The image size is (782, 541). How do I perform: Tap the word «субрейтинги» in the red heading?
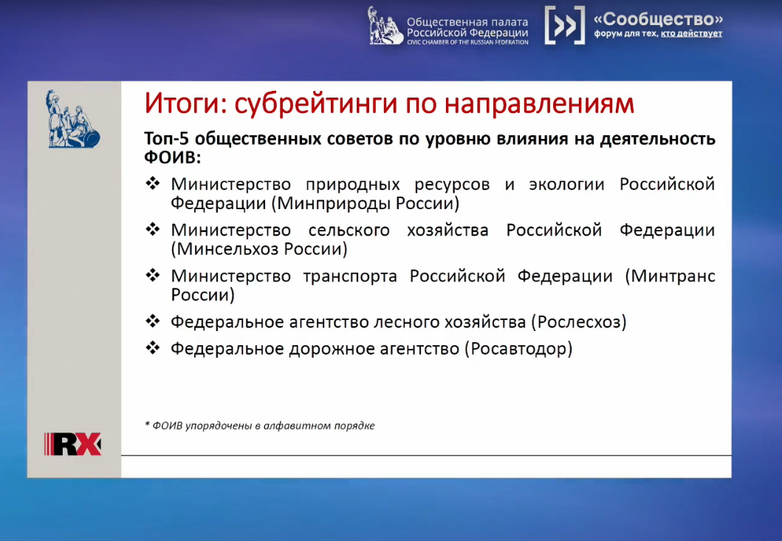pos(316,104)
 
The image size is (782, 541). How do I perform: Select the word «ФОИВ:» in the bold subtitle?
pos(173,157)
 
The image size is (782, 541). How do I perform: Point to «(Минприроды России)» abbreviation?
pos(365,203)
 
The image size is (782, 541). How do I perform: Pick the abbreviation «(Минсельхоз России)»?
pos(259,248)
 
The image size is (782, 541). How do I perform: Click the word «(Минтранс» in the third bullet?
pos(670,276)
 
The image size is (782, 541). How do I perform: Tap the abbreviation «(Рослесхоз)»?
pos(578,322)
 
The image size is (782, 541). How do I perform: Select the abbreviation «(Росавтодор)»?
pos(518,348)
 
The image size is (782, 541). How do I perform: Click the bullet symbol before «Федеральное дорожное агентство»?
pos(153,347)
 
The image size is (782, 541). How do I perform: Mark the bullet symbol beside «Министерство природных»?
pos(153,183)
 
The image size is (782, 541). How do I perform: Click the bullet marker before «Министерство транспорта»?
pos(153,274)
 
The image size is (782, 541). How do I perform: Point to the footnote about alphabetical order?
pos(260,426)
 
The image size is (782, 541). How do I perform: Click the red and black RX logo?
pos(73,443)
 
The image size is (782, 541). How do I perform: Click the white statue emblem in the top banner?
pos(385,25)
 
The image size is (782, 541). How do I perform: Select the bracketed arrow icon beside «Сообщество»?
pos(565,25)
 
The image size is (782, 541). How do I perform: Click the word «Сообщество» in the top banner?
pos(659,19)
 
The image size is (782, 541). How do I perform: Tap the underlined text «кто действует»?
pos(692,34)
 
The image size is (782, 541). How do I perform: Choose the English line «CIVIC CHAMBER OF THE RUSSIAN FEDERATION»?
pos(467,42)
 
